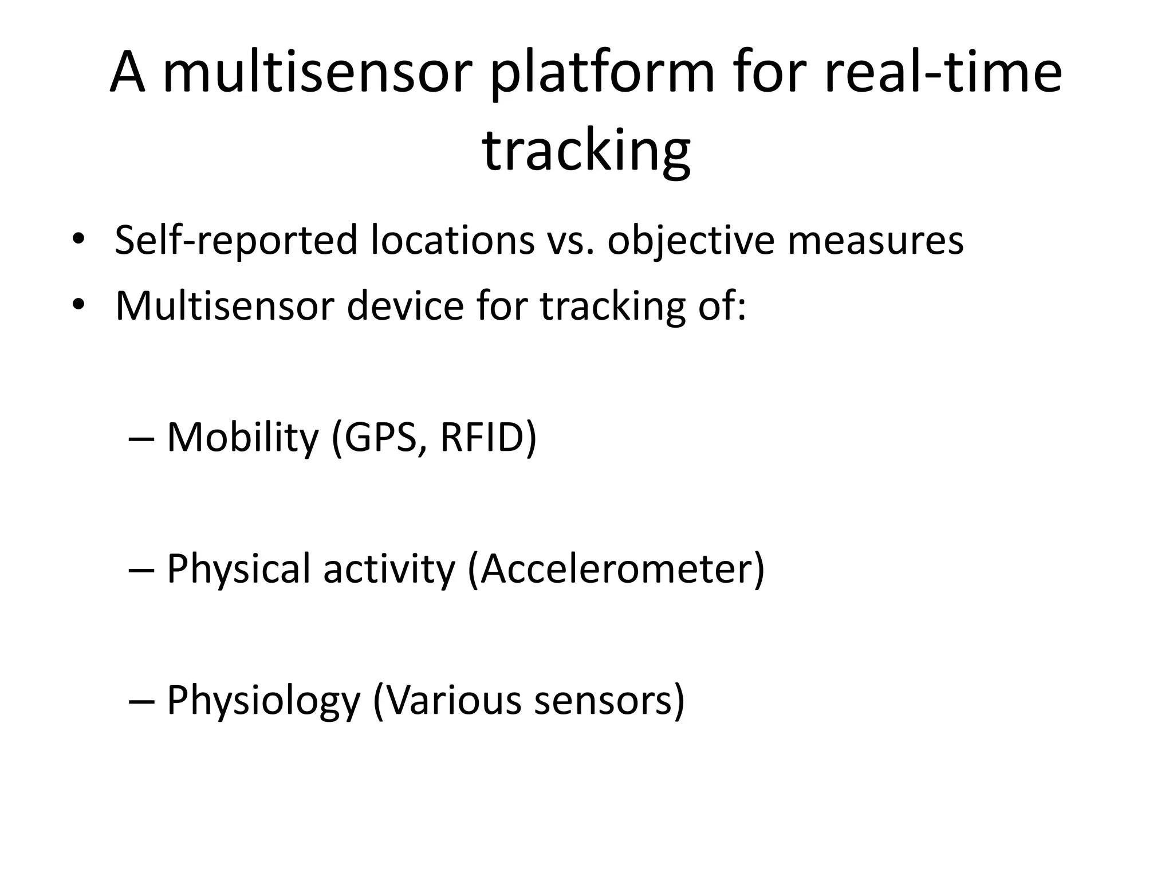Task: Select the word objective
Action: [x=691, y=241]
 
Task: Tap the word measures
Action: [x=875, y=241]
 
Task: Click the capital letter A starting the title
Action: [x=127, y=73]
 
